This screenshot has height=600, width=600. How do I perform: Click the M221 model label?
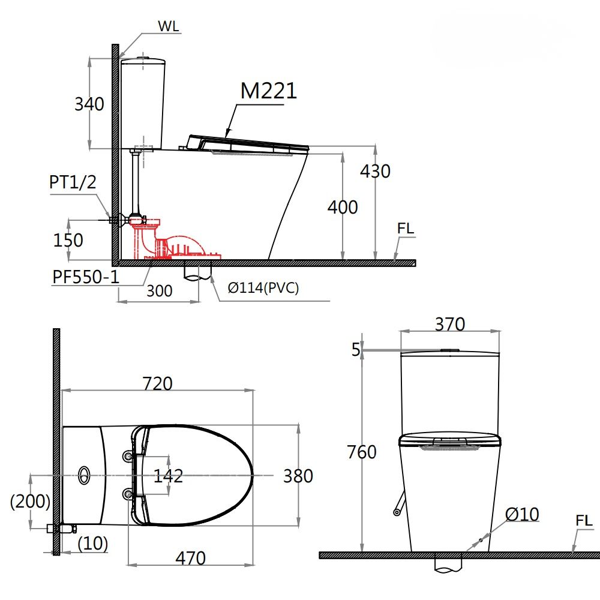268,91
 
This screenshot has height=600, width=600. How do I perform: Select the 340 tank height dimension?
89,104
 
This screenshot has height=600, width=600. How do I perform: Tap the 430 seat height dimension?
375,171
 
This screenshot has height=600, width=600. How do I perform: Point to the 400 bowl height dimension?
342,207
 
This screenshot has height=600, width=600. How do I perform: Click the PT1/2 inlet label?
72,183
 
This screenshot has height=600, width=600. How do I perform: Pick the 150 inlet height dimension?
68,240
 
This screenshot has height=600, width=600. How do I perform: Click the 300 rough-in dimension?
159,291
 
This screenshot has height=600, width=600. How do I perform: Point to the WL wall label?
169,26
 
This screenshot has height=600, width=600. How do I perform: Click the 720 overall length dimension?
157,383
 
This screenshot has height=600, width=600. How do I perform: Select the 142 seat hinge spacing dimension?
168,476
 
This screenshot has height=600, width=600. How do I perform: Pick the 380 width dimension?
298,476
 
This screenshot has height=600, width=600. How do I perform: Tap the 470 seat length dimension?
190,558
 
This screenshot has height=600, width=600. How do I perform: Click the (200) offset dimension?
30,502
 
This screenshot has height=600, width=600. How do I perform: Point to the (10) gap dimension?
93,544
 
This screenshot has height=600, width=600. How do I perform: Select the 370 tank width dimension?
449,324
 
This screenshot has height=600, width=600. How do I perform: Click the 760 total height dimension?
362,452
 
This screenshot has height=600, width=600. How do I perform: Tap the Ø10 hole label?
522,514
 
